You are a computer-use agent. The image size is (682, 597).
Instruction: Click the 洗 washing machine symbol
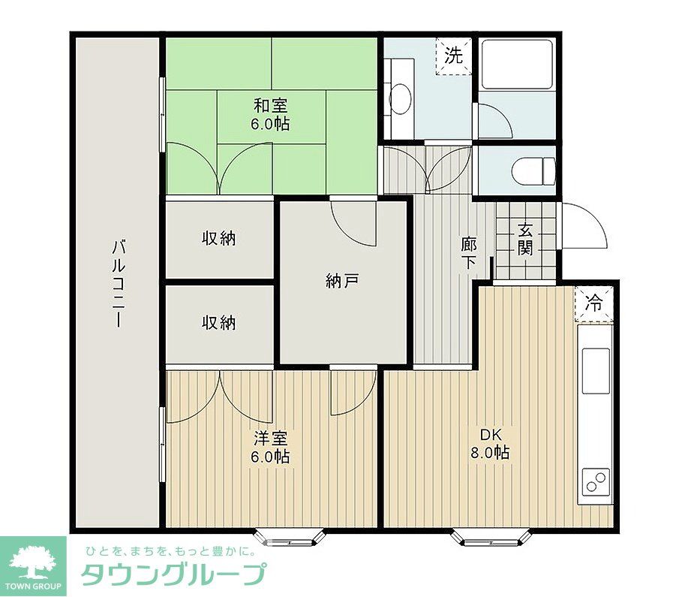coord(453,56)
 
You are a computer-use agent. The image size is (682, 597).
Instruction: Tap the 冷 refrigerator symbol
coord(593,304)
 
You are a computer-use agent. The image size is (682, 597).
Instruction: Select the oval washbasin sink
coord(401,98)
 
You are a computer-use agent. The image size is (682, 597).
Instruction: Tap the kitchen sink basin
coord(597,371)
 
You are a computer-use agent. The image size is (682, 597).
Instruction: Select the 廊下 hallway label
coord(469,252)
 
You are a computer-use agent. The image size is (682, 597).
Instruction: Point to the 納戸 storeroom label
coord(342,281)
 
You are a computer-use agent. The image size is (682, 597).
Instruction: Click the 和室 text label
coord(270,115)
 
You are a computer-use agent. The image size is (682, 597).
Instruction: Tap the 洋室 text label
coord(271,447)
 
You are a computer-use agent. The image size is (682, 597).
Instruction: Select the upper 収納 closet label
coord(218,238)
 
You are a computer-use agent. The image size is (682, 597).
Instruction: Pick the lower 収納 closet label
coord(218,322)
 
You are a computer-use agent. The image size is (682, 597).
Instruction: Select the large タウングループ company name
coord(172,575)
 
